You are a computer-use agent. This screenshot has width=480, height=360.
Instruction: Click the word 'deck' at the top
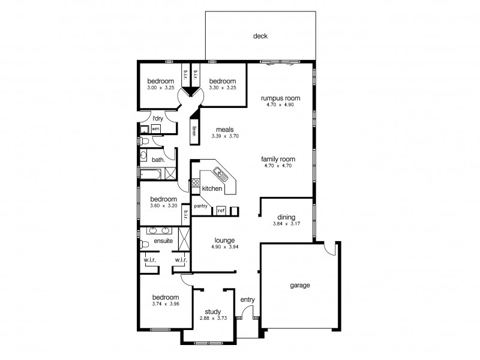point(260,37)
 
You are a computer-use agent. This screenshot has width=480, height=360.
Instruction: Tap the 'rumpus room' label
point(280,98)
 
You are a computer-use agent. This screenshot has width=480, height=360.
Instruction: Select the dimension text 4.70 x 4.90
point(280,105)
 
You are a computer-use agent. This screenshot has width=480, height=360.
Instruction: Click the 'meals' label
point(226,130)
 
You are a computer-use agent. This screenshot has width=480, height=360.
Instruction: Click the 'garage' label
point(300,286)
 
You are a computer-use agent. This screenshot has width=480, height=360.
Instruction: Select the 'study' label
point(212,311)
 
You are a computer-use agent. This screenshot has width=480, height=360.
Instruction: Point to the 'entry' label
point(247,300)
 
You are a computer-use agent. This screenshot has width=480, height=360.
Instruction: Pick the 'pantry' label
point(200,206)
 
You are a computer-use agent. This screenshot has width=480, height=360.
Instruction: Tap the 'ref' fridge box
point(221,211)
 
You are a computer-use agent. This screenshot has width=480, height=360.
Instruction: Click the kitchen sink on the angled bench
point(219,175)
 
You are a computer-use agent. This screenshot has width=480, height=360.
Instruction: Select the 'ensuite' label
point(163,241)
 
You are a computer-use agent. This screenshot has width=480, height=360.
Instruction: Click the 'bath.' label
point(158,160)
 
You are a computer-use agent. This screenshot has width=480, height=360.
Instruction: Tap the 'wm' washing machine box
point(155,129)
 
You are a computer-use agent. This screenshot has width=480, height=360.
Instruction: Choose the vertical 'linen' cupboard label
point(194,133)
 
